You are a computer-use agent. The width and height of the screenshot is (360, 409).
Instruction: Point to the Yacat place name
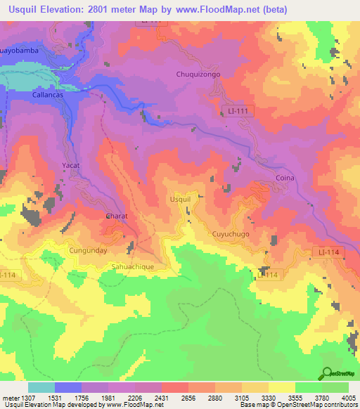coord(72,165)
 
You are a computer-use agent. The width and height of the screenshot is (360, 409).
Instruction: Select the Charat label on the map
coord(116,216)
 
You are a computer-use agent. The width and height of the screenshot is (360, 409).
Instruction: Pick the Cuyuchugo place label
coord(231,233)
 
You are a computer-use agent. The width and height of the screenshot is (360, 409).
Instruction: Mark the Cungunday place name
coord(88,249)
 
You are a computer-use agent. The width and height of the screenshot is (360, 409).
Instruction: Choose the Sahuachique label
coord(138,267)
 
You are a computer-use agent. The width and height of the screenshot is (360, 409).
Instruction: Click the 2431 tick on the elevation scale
coord(162,398)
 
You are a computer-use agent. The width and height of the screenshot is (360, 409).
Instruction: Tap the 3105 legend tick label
coord(242,398)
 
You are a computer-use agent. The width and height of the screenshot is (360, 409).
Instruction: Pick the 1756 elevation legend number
coord(82,398)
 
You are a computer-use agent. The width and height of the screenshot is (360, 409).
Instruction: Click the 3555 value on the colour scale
coord(295,398)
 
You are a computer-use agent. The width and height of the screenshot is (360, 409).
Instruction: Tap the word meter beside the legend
coord(11,398)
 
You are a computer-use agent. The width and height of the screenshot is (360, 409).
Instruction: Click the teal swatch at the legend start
coord(41,387)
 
